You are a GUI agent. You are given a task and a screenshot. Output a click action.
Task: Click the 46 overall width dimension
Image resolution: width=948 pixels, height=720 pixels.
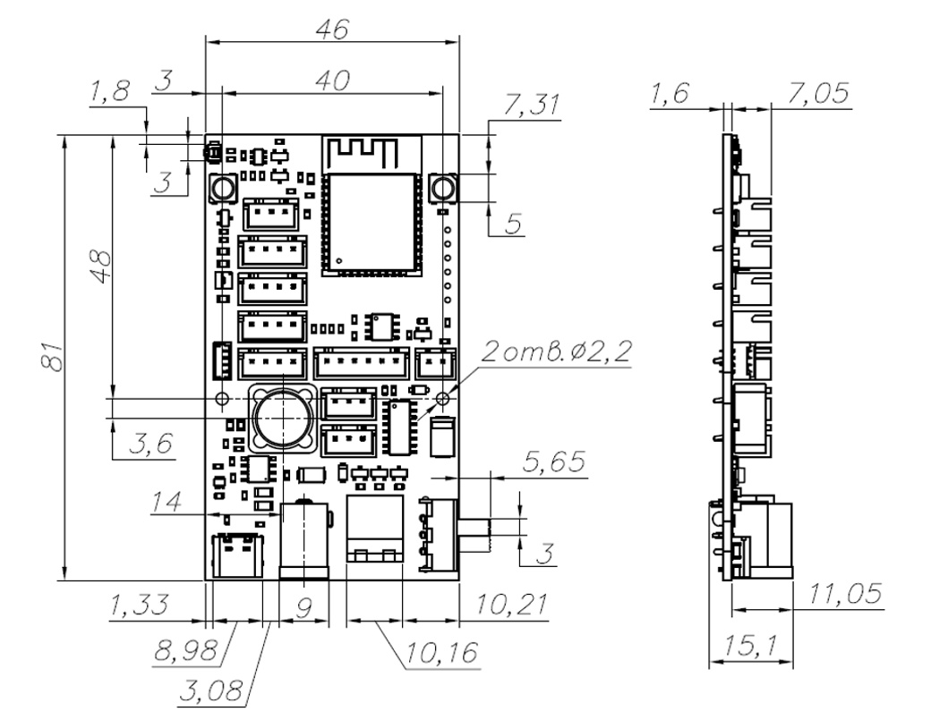coord(332,29)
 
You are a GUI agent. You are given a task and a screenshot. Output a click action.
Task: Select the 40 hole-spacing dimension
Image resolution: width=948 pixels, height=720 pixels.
coord(332,80)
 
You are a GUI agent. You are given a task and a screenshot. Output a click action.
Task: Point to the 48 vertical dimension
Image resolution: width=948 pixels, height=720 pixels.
coord(101,267)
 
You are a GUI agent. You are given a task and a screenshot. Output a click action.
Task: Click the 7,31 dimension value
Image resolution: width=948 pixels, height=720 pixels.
coord(532,106)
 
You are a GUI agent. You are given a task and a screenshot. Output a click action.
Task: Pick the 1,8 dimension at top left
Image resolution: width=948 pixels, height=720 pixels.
coord(110,92)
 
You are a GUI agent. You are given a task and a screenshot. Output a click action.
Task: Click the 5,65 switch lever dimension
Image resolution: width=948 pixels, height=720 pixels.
coord(554,462)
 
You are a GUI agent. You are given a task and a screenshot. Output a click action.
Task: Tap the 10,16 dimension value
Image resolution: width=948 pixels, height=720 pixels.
coord(442,653)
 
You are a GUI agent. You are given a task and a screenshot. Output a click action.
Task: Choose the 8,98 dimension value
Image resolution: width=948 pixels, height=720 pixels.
coord(185,650)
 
